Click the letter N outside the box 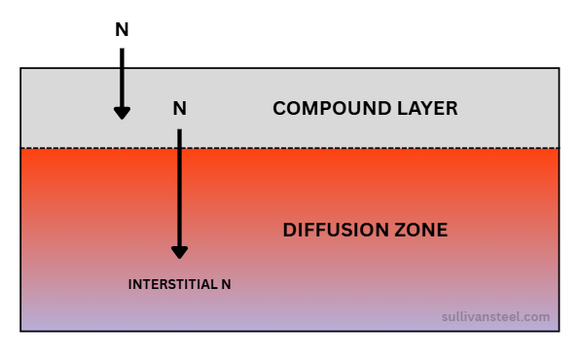(x=122, y=30)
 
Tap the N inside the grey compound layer (x=179, y=108)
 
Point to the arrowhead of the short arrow (x=122, y=112)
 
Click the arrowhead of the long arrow (x=179, y=251)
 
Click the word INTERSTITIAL (x=171, y=285)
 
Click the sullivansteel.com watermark (x=495, y=317)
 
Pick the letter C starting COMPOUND (x=278, y=108)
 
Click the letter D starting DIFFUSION (x=288, y=231)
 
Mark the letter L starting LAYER (x=399, y=108)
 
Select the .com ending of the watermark (x=537, y=317)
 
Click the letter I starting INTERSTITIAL (x=130, y=285)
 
